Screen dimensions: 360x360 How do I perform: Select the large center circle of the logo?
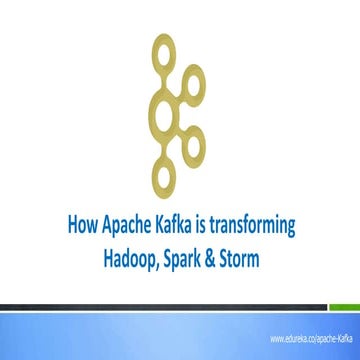pyautogui.click(x=163, y=112)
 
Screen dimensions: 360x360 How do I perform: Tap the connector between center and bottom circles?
pyautogui.click(x=162, y=143)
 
